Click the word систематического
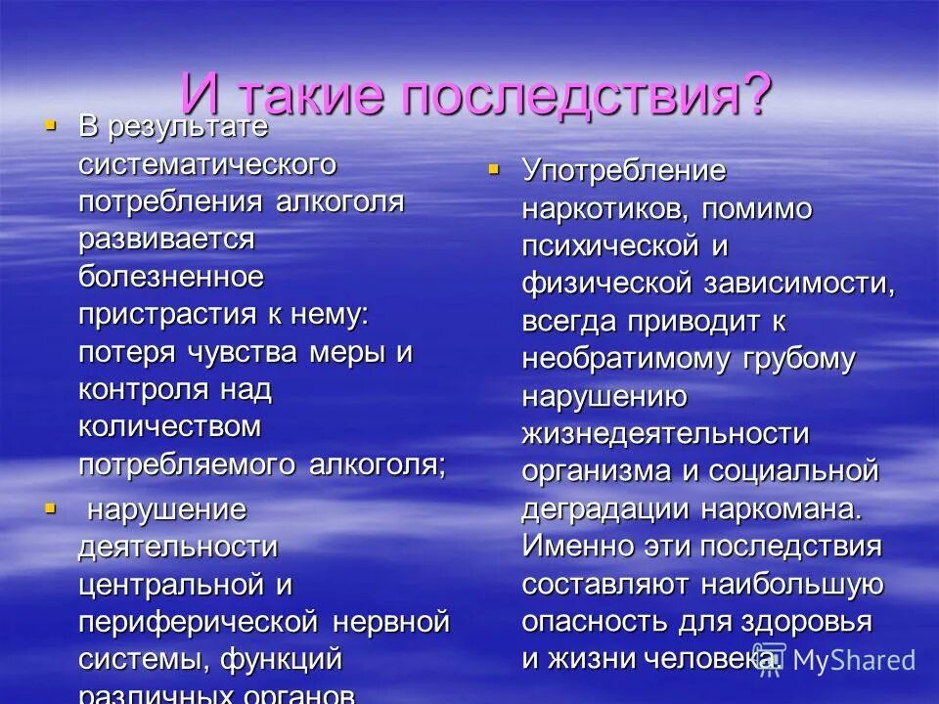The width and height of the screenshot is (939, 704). coord(207,163)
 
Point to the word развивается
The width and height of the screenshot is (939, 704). coord(166,239)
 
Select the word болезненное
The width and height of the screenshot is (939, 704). coord(171,277)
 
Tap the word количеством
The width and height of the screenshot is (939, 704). coord(169,427)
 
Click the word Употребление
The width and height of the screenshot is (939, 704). coord(623,171)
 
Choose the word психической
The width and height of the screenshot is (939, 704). coord(609,245)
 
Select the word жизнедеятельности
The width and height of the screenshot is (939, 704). coord(665,433)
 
